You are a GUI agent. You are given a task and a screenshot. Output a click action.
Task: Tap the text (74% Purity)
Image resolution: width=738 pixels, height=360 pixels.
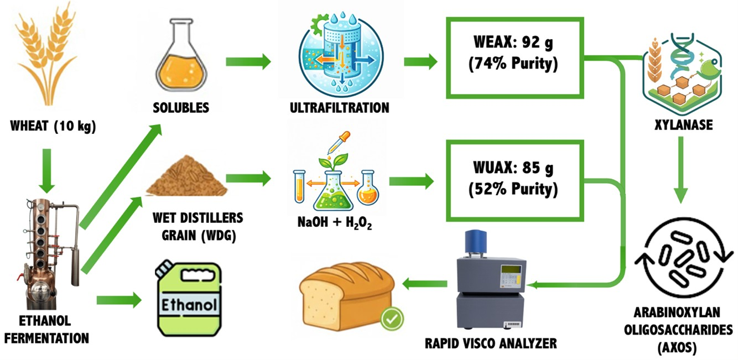click(513, 64)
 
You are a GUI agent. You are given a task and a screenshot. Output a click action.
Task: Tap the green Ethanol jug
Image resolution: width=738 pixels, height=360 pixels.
click(189, 299)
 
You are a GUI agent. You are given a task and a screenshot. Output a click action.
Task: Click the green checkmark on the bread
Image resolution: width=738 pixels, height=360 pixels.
click(392, 319)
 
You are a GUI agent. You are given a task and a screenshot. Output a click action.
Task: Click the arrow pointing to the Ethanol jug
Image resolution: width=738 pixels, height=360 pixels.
click(119, 301)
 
